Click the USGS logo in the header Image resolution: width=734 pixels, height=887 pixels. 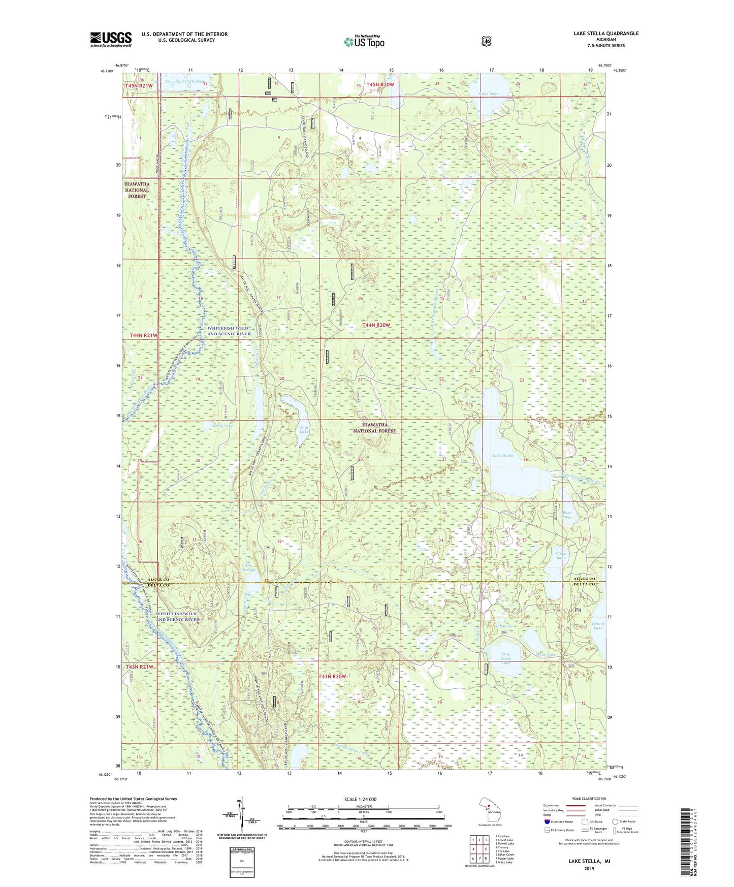(111, 39)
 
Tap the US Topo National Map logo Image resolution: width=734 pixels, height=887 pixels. (364, 42)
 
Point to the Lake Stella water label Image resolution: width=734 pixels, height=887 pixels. (503, 456)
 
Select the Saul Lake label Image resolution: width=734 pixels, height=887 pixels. (304, 429)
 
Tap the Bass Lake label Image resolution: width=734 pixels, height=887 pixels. (567, 515)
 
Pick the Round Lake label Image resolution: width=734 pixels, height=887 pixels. (598, 625)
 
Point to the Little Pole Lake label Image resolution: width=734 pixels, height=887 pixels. (248, 567)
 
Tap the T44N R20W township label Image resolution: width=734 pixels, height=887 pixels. (376, 325)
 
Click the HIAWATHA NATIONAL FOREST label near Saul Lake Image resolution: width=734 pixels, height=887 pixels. (375, 428)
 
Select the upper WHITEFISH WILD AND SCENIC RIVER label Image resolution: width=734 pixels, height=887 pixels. (229, 331)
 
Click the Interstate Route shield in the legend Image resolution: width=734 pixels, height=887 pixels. (547, 821)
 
